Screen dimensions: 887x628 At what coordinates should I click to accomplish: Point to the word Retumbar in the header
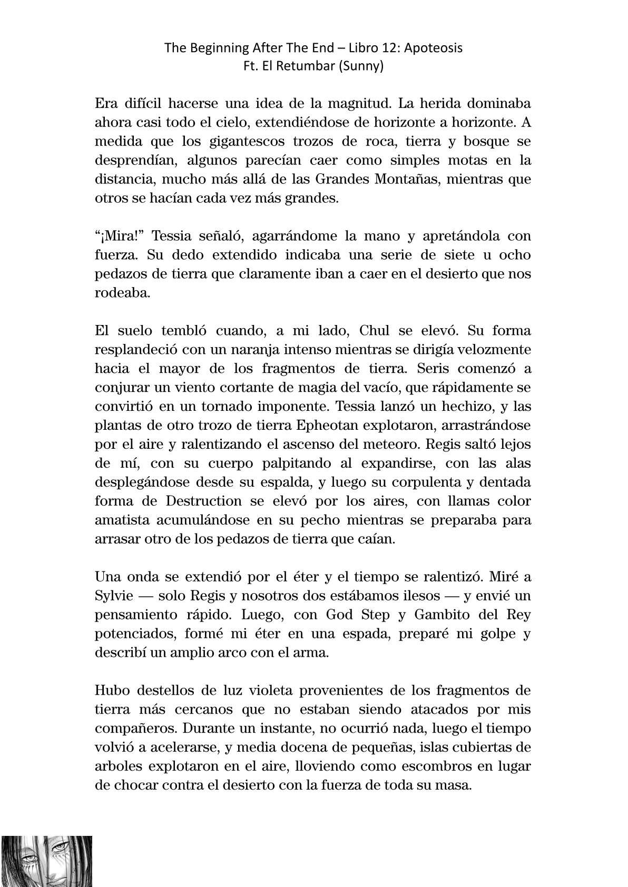[310, 67]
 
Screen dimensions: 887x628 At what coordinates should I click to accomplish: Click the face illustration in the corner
[46, 861]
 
